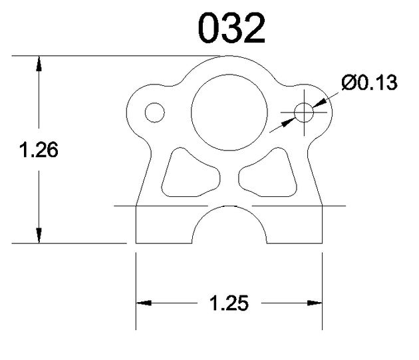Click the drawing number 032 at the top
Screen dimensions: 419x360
coord(231,28)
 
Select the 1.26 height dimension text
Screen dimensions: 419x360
coord(39,150)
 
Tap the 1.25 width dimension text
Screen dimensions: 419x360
coord(229,303)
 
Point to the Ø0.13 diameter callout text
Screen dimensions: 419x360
coord(370,83)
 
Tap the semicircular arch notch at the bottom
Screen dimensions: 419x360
coord(229,206)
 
